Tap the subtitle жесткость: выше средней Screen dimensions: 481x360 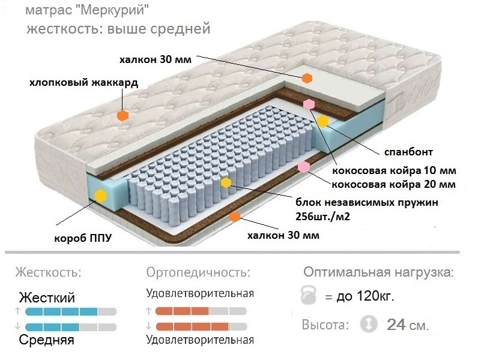(x=118, y=28)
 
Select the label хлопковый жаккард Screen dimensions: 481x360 (x=83, y=83)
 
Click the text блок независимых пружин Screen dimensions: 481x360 (x=366, y=202)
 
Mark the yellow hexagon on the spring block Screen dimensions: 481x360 (x=226, y=183)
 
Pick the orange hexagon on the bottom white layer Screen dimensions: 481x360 (x=234, y=217)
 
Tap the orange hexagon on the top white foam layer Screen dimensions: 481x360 (x=307, y=78)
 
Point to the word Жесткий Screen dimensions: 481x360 (x=47, y=298)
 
